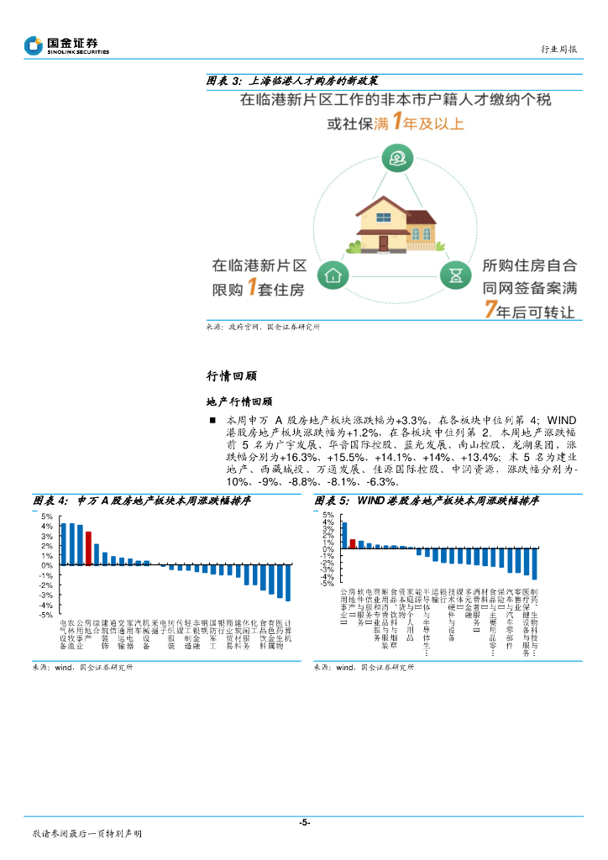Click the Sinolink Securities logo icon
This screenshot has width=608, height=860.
click(34, 45)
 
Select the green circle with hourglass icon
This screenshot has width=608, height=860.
click(454, 274)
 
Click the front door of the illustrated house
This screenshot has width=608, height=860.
click(383, 243)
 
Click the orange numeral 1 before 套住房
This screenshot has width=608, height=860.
click(250, 288)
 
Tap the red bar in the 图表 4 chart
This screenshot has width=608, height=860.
click(88, 548)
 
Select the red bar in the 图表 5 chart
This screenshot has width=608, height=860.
click(353, 544)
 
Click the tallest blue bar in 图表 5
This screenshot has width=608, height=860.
click(344, 536)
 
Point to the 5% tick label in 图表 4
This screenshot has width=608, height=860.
click(47, 517)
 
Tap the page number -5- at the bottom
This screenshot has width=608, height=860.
click(304, 822)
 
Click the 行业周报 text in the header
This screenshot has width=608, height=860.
click(558, 50)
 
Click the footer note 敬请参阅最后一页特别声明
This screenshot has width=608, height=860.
click(86, 834)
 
